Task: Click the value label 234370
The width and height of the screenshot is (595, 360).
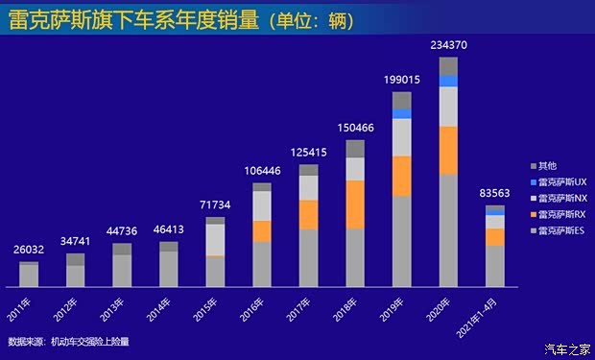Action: pos(448,42)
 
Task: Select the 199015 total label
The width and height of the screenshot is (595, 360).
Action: pos(401,78)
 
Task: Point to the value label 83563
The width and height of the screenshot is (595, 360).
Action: pos(495,192)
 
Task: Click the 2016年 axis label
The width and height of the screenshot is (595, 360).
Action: pos(254,308)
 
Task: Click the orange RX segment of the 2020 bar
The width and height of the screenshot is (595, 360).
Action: pos(448,150)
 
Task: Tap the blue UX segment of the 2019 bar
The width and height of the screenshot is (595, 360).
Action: pos(401,113)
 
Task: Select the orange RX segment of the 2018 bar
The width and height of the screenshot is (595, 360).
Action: pos(355,204)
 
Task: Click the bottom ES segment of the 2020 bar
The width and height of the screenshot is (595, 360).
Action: pos(448,230)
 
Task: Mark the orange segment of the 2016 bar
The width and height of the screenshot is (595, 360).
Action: pos(262,230)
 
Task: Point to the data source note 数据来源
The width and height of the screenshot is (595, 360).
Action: pos(67,342)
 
